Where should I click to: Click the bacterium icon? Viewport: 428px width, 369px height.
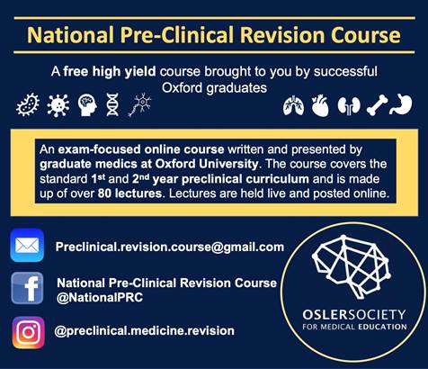click(28, 105)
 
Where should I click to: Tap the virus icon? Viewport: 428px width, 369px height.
click(58, 105)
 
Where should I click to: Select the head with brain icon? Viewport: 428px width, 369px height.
click(87, 105)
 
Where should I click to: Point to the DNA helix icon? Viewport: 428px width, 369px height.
click(112, 104)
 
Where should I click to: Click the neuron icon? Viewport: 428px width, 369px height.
click(139, 104)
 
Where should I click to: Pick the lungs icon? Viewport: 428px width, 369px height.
click(294, 105)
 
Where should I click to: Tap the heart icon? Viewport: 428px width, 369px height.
click(320, 105)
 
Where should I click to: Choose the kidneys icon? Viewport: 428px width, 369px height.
click(349, 105)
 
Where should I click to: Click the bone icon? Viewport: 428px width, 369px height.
click(377, 105)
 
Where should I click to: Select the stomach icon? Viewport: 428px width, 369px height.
click(401, 105)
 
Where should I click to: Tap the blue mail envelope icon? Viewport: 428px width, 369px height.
click(27, 245)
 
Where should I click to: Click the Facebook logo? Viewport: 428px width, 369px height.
click(27, 288)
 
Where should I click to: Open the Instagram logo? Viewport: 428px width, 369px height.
click(29, 332)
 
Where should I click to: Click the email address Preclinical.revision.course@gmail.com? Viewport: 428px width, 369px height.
click(170, 247)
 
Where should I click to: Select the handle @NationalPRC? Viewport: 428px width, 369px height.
click(100, 297)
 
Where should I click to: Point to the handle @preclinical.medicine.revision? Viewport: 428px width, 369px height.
click(144, 330)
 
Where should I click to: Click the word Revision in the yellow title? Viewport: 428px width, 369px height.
click(282, 35)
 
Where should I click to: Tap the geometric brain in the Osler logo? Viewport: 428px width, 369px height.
click(351, 266)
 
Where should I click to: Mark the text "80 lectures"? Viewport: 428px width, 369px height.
click(129, 193)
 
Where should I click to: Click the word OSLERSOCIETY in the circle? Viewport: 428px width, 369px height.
click(354, 315)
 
